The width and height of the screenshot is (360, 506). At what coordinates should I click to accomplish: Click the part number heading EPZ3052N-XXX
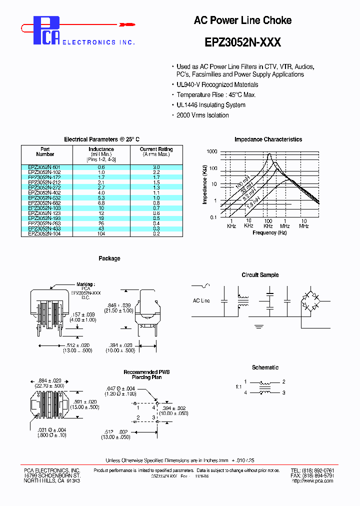click(x=242, y=43)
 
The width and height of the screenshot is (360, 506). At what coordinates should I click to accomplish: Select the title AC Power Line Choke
click(x=242, y=20)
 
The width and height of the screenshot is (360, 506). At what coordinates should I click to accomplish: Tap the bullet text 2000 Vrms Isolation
click(x=202, y=115)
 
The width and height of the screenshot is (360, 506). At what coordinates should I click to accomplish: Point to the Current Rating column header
click(x=156, y=151)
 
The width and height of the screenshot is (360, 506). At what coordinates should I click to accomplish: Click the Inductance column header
click(x=101, y=151)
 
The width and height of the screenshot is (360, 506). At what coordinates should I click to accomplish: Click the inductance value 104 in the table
click(x=101, y=233)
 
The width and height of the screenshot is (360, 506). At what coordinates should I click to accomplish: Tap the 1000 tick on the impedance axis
click(x=212, y=151)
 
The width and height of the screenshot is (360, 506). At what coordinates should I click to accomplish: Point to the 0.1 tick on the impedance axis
click(x=213, y=217)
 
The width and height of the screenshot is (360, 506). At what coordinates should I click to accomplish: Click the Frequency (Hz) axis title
click(x=269, y=232)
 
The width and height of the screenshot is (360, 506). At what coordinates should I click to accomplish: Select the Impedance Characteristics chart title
click(x=268, y=139)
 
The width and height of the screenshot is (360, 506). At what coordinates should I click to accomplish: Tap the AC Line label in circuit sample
click(x=201, y=300)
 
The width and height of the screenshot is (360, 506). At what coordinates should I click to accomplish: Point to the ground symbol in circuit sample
click(x=258, y=326)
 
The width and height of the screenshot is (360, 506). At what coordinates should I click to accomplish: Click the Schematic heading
click(x=265, y=367)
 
